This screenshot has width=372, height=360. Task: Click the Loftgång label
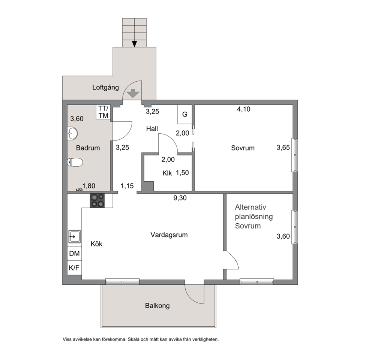tap(106, 87)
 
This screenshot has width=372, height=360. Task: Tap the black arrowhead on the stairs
tap(135, 44)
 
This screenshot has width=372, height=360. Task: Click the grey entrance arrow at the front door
tap(133, 93)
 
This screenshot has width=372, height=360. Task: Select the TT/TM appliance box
tap(103, 112)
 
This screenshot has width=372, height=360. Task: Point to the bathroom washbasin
tap(72, 133)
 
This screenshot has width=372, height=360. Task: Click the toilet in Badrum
tap(75, 162)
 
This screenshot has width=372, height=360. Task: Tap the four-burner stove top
tap(97, 201)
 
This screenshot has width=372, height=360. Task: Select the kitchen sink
tap(75, 236)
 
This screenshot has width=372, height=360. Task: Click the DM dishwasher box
tap(75, 254)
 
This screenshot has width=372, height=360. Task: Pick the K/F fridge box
tap(75, 268)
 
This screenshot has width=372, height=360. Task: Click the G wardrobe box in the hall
tap(185, 114)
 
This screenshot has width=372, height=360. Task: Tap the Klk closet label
tap(167, 173)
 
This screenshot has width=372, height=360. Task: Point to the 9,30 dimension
tap(180, 198)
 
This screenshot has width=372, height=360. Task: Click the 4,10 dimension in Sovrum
tap(244, 109)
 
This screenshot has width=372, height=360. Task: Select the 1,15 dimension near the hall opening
tap(127, 186)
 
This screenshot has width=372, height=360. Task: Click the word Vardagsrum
tap(169, 235)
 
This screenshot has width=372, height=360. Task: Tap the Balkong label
tap(157, 305)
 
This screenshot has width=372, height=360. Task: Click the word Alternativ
tap(250, 207)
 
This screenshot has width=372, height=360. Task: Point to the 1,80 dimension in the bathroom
tap(89, 186)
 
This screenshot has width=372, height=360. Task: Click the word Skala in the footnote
tap(134, 339)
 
